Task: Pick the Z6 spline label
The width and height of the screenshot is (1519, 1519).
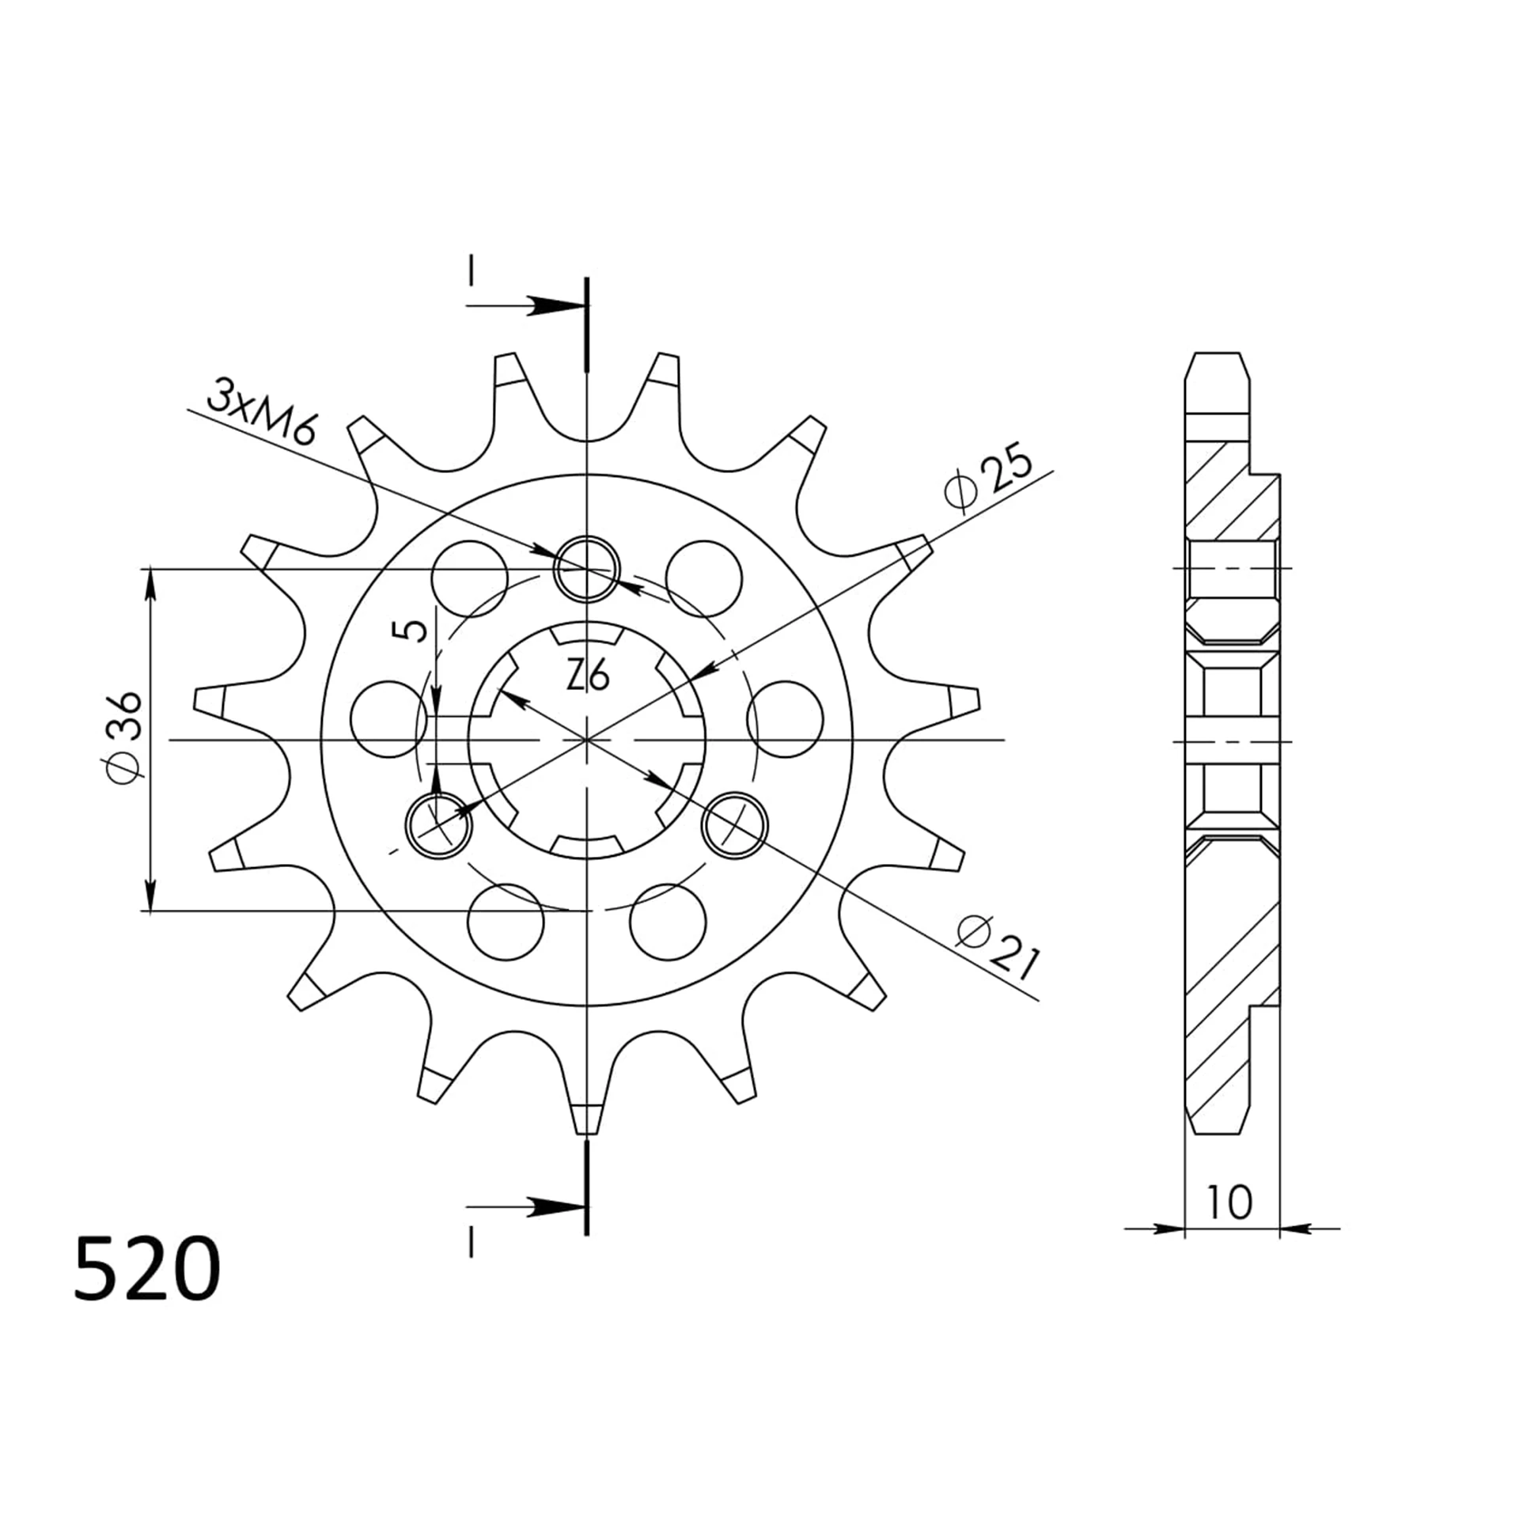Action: [588, 676]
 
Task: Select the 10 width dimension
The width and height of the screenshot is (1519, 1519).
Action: [1230, 1202]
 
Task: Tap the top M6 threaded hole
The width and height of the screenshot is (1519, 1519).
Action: [586, 569]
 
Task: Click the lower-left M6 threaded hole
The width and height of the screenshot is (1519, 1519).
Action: [438, 826]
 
